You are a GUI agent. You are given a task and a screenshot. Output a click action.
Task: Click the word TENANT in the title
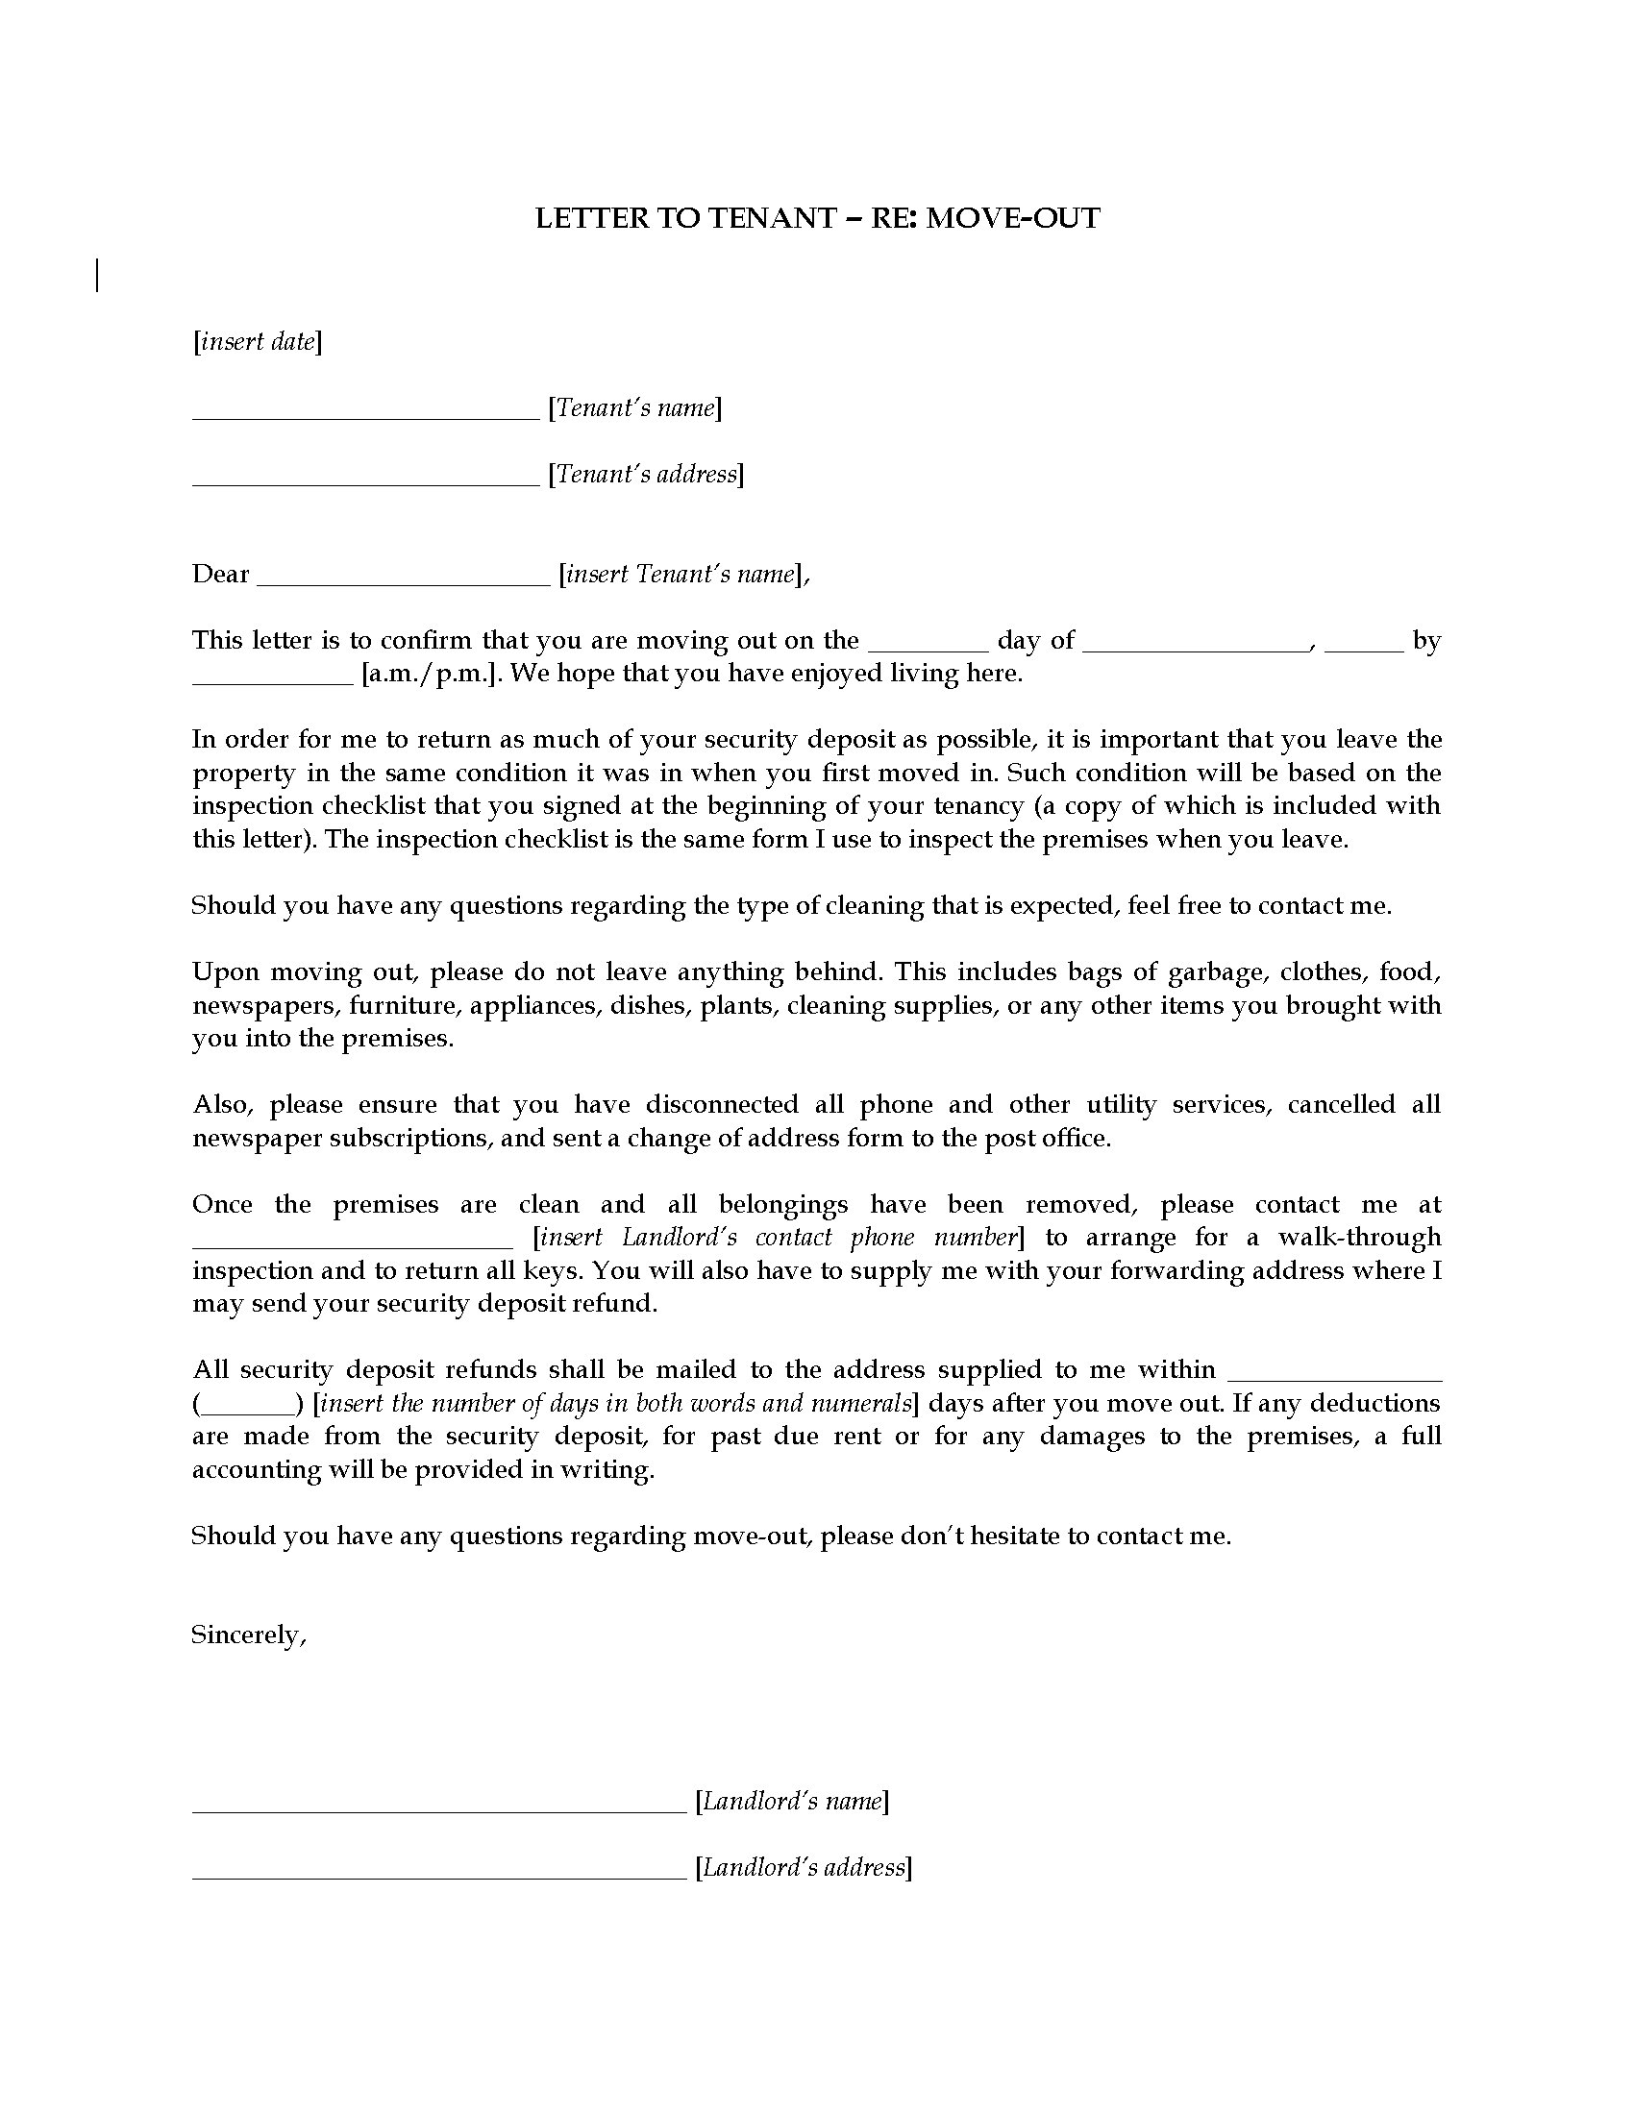pyautogui.click(x=772, y=218)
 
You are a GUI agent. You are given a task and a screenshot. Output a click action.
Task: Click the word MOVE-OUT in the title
pyautogui.click(x=1012, y=218)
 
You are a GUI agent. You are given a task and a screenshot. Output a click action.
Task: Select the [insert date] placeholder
pyautogui.click(x=258, y=342)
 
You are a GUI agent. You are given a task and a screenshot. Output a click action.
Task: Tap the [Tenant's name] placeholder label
pyautogui.click(x=635, y=407)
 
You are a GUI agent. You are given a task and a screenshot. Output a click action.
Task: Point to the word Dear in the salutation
pyautogui.click(x=221, y=574)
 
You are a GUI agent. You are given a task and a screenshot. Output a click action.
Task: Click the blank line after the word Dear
pyautogui.click(x=405, y=581)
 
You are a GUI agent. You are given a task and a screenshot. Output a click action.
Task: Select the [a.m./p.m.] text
pyautogui.click(x=431, y=674)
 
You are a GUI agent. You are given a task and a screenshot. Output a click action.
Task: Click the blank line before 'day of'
pyautogui.click(x=928, y=649)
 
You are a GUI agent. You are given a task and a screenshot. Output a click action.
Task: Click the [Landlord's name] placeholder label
pyautogui.click(x=792, y=1802)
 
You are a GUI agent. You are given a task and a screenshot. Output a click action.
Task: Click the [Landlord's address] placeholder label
pyautogui.click(x=804, y=1867)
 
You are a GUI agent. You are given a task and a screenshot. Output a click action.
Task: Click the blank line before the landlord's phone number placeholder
pyautogui.click(x=353, y=1245)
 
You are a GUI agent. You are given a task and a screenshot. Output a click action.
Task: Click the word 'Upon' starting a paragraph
pyautogui.click(x=223, y=971)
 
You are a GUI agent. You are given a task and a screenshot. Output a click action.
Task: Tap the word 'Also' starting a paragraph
pyautogui.click(x=222, y=1105)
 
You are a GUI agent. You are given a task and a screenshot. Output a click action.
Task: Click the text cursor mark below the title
pyautogui.click(x=98, y=275)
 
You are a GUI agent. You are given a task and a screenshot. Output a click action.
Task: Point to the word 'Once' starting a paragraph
pyautogui.click(x=223, y=1204)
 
